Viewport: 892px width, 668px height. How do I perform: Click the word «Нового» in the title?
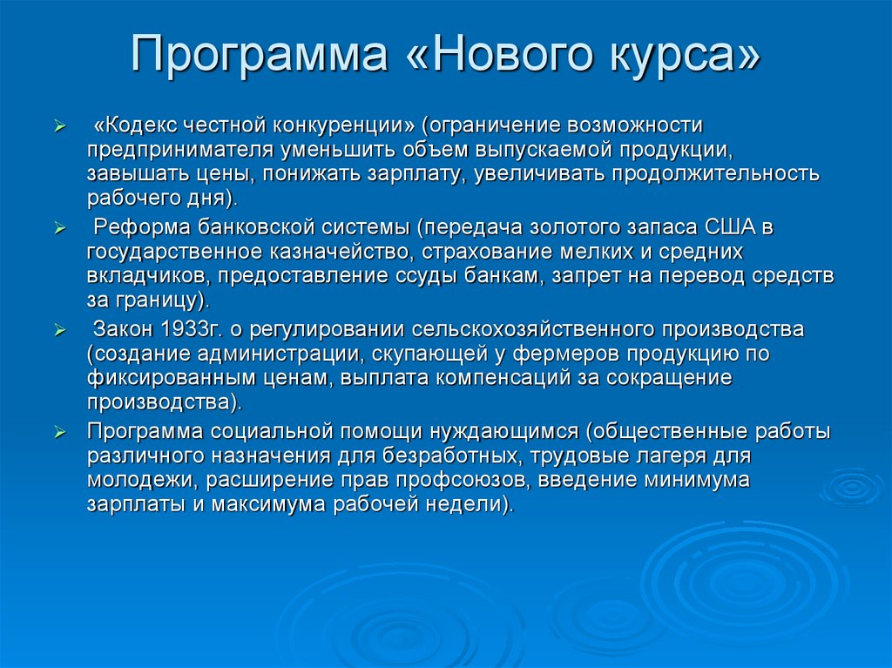pos(515,56)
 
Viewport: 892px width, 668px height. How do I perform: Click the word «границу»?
pos(163,300)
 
